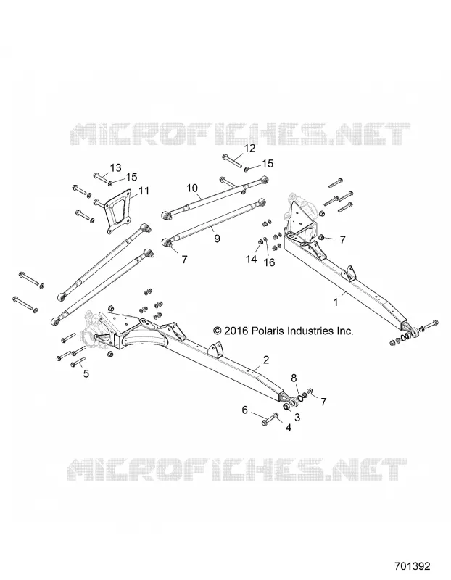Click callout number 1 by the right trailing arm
coord(336,302)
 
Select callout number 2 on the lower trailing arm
coord(265,360)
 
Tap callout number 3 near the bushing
coord(297,418)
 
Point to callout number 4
coord(288,428)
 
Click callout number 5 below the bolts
coord(86,373)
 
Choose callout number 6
coord(244,410)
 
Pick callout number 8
coord(294,378)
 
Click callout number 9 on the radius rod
coord(217,239)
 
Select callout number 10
coord(192,188)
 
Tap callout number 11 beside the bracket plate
coord(144,191)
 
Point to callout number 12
coord(249,149)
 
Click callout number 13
coord(115,167)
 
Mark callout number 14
coord(251,260)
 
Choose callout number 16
coord(269,262)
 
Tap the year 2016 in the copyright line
coord(235,331)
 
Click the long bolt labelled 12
coord(232,161)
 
